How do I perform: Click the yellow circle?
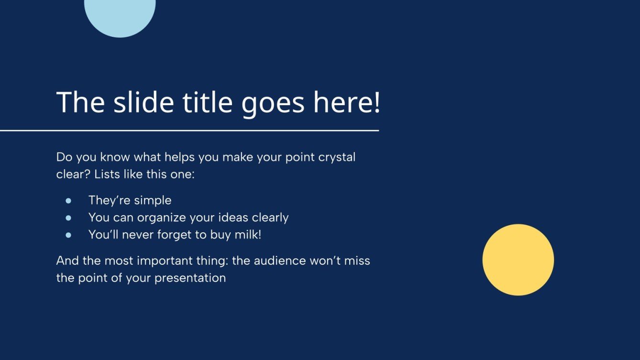pos(518,260)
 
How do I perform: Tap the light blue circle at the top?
pos(120,16)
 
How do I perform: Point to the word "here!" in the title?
pos(347,102)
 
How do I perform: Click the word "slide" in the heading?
pos(143,102)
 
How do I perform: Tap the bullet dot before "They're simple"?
pos(68,201)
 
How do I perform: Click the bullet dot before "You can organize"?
pos(68,218)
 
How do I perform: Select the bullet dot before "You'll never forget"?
pos(68,235)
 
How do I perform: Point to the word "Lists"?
pos(107,174)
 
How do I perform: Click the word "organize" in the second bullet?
pos(161,218)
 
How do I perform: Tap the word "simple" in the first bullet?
pos(153,201)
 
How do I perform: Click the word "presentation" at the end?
pos(190,278)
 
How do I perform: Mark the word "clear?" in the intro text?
pos(74,174)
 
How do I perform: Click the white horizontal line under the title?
pos(189,131)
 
